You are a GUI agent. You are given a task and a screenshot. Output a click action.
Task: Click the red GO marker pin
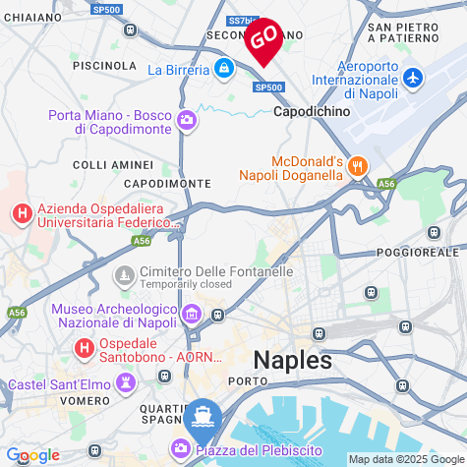(x=263, y=39)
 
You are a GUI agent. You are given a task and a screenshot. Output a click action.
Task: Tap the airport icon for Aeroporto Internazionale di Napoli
(x=413, y=77)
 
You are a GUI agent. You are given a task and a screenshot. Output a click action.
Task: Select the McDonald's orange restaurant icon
(x=358, y=166)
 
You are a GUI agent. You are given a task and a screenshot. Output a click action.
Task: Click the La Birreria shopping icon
(x=224, y=69)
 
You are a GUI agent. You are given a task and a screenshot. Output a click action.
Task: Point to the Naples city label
(x=292, y=359)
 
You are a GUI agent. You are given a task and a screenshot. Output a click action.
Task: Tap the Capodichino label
(x=312, y=112)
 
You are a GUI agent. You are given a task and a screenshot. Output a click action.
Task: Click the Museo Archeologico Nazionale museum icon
(x=192, y=315)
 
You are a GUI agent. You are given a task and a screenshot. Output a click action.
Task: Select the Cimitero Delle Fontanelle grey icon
(x=125, y=273)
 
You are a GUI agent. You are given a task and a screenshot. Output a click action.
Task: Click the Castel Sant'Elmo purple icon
(x=126, y=383)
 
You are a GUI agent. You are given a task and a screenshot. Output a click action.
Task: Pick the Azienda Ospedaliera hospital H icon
(x=21, y=212)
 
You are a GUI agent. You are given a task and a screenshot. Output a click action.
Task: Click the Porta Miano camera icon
(x=187, y=121)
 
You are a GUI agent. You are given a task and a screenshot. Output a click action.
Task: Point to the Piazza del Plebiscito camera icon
(x=182, y=449)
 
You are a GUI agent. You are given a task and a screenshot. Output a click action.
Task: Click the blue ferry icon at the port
(x=202, y=416)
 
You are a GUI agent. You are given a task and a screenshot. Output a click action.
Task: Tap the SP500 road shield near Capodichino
(x=267, y=88)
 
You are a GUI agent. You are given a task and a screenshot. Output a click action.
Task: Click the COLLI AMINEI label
(x=113, y=164)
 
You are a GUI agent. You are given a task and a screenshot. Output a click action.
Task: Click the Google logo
(x=32, y=455)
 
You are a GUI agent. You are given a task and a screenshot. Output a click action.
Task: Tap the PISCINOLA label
(x=104, y=65)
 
